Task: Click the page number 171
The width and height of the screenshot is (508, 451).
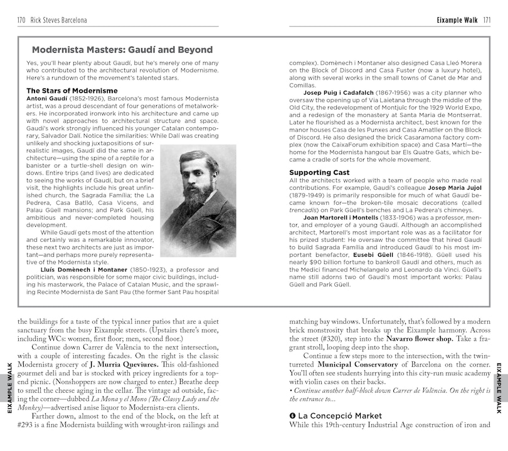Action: (x=486, y=20)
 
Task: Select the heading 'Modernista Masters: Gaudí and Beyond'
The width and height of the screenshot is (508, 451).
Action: (x=122, y=50)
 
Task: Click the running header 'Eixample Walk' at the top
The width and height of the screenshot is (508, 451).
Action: (x=457, y=20)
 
